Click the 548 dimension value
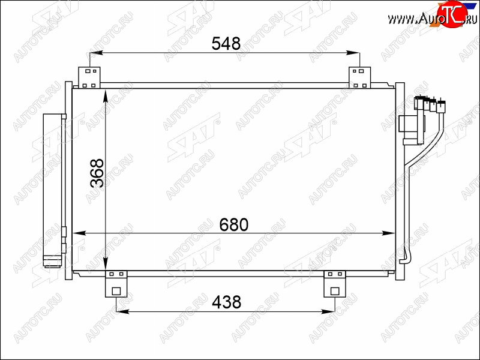226,43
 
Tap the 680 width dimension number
234,224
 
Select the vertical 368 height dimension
97,173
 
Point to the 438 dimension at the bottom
227,302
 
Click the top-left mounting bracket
89,77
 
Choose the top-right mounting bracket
359,77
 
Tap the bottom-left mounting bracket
116,284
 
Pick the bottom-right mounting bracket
335,284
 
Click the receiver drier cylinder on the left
52,190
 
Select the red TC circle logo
452,14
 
